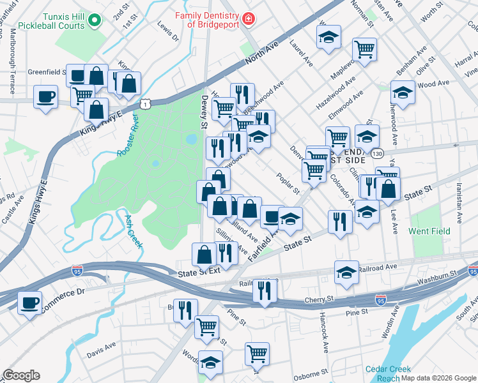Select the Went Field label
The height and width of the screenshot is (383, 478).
pyautogui.click(x=429, y=231)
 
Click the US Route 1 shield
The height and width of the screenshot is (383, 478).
pyautogui.click(x=146, y=103)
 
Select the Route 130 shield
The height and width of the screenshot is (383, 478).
pyautogui.click(x=378, y=154)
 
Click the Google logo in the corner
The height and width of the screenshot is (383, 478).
pyautogui.click(x=21, y=375)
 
